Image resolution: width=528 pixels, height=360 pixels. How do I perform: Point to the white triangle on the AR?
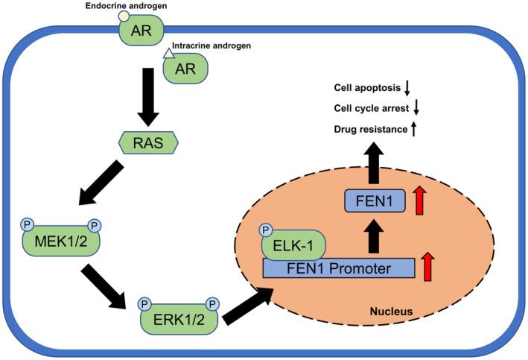(x=168, y=52)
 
